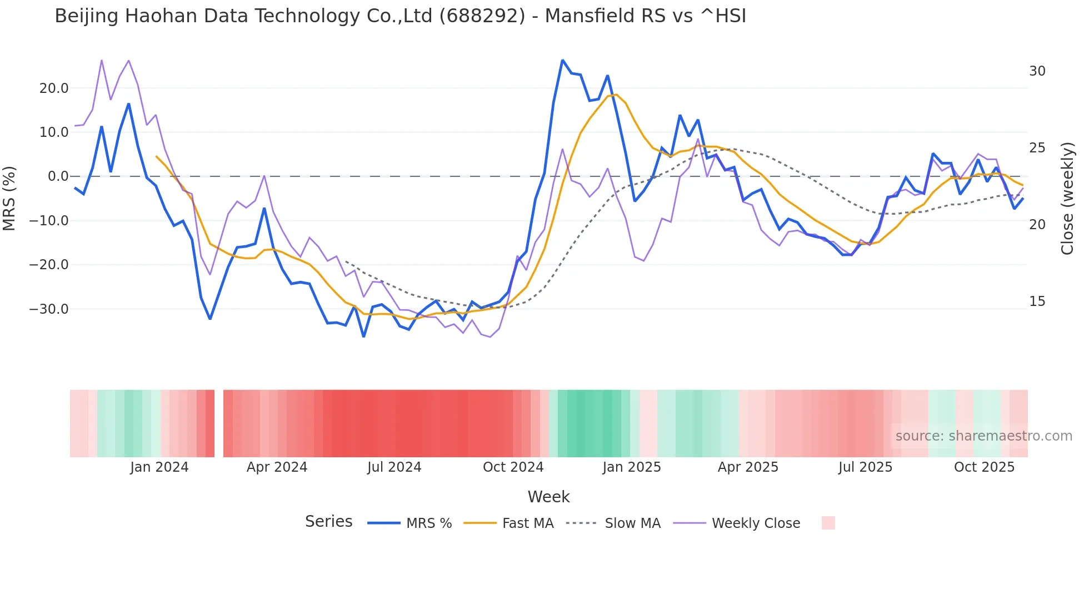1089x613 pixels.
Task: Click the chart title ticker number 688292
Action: click(482, 16)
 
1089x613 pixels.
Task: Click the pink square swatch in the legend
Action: click(828, 523)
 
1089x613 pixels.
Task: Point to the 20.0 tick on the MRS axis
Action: click(54, 88)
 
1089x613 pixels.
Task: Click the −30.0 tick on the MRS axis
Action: click(49, 309)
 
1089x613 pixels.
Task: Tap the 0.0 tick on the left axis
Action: click(58, 177)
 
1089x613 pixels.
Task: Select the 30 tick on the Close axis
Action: click(1037, 71)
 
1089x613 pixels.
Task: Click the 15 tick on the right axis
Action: click(1037, 301)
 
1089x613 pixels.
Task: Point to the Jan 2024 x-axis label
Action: click(159, 467)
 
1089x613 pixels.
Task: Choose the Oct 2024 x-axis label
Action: click(513, 467)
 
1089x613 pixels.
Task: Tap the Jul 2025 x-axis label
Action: click(865, 467)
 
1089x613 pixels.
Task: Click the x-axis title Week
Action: click(548, 497)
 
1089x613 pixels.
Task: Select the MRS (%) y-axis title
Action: click(9, 199)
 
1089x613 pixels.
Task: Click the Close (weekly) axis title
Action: click(1067, 199)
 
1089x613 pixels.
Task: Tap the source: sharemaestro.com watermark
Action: click(983, 436)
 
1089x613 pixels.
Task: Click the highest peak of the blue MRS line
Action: click(562, 60)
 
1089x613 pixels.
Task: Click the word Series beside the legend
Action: click(328, 522)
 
